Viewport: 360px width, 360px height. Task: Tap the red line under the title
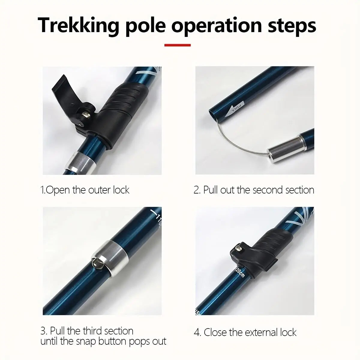pos(178,45)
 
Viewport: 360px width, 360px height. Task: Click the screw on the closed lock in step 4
pos(238,248)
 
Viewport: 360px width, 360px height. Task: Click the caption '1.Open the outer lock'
pos(85,190)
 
